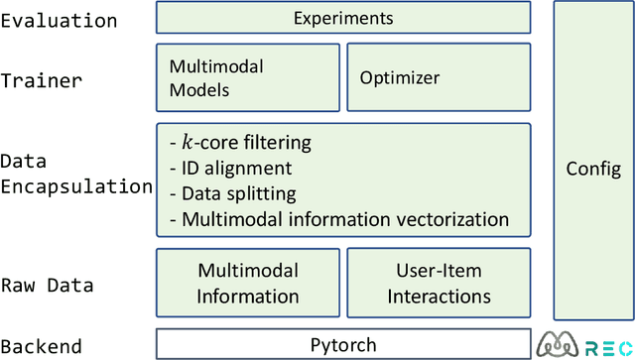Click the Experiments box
[343, 18]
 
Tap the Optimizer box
[437, 78]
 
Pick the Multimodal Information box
[247, 283]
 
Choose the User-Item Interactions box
[439, 283]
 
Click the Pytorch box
[343, 345]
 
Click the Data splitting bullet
[233, 193]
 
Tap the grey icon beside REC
[559, 344]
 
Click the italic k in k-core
[189, 144]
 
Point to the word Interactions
[439, 296]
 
